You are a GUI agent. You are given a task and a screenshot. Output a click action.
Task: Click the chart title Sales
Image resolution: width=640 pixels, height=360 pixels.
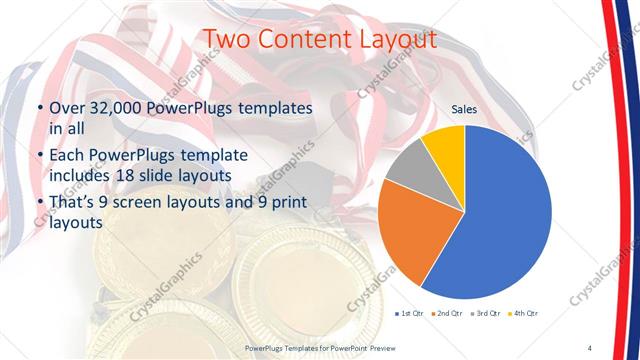[464, 108]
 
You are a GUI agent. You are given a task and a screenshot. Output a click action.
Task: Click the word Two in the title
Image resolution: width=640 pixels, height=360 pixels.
[226, 40]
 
